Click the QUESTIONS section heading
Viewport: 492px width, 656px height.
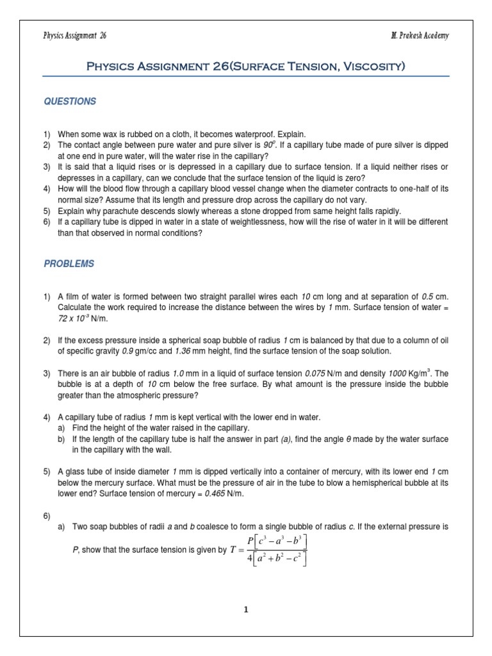70,101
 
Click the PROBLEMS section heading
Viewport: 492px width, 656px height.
69,263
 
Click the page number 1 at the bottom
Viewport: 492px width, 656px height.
245,609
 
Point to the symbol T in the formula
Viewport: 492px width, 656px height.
234,550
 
